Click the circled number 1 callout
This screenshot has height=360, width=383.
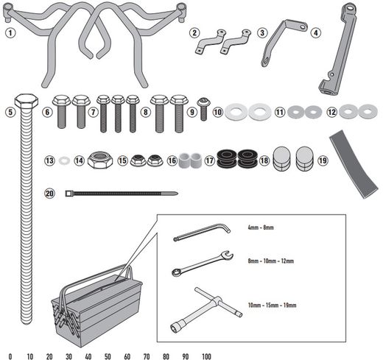coord(9,32)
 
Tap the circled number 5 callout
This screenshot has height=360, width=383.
coord(9,113)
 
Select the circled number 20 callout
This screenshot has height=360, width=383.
coord(49,194)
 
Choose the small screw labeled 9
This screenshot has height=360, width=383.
coord(203,103)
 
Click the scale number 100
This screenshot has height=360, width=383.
coord(205,355)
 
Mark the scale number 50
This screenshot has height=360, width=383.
coord(108,355)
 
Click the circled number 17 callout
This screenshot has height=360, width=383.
coord(210,160)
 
